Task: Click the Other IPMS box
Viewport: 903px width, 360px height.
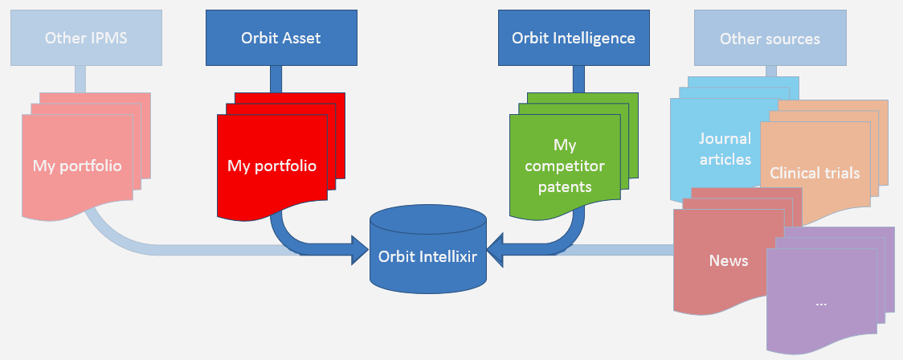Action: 87,38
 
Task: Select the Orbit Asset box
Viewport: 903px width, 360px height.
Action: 282,38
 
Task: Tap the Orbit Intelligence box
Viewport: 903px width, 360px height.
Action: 574,38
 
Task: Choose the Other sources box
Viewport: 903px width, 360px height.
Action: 770,38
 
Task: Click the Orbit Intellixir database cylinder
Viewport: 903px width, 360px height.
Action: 428,249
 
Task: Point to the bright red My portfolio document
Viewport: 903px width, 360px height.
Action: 272,166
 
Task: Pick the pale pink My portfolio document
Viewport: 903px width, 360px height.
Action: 77,166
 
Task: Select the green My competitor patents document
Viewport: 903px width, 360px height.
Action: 565,166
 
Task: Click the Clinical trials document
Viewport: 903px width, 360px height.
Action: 815,173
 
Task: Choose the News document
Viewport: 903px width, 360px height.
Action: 729,261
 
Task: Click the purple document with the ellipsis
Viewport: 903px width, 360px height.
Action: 822,303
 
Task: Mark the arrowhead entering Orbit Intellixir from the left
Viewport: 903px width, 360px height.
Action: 360,249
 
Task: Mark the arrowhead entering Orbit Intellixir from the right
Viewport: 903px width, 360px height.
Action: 496,249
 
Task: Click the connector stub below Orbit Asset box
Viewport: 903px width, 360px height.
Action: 276,79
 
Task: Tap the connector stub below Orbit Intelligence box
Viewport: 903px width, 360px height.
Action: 578,79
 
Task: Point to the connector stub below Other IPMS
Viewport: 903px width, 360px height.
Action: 80,79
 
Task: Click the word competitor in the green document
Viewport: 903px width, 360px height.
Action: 564,166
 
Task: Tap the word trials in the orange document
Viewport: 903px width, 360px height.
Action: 841,173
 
